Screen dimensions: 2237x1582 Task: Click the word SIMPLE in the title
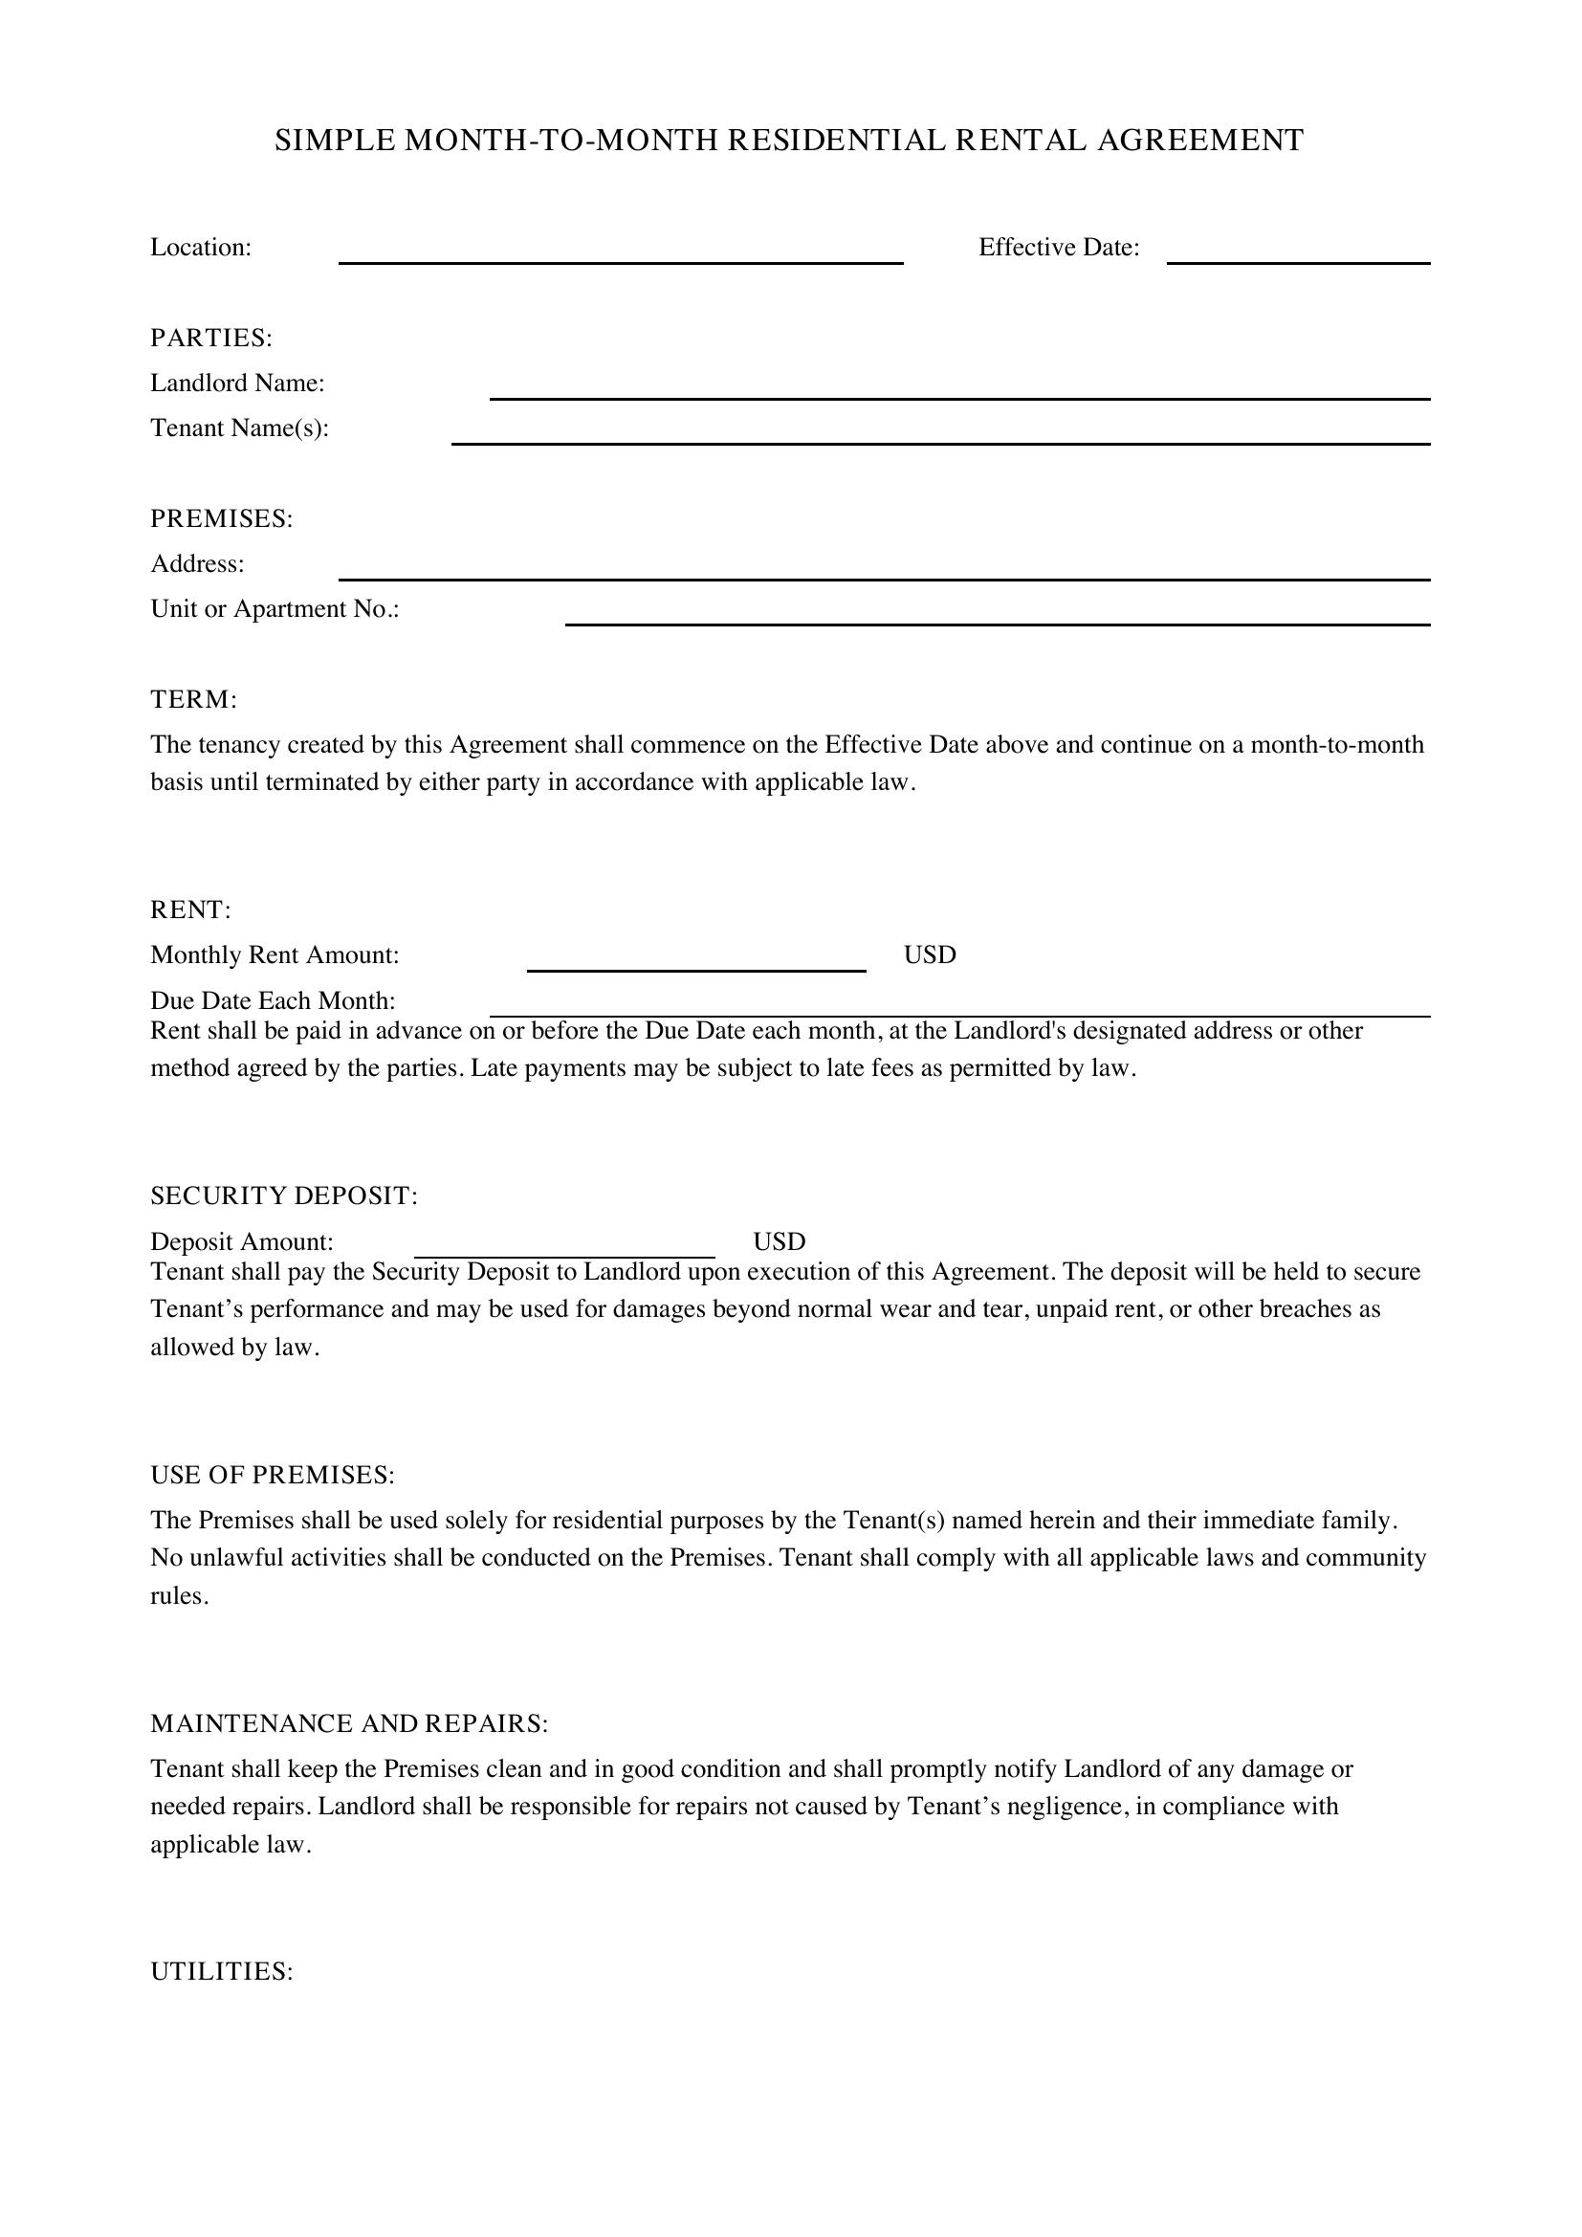click(x=335, y=142)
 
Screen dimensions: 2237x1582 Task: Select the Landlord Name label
click(x=236, y=383)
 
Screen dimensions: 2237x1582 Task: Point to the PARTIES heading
click(x=210, y=338)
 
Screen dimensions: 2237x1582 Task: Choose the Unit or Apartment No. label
click(x=275, y=609)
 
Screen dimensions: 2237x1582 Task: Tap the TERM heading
click(x=193, y=699)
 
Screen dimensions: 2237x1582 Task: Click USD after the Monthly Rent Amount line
click(x=930, y=954)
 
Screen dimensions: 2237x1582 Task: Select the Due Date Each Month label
click(x=273, y=1000)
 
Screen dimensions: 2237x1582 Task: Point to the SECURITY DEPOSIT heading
click(x=283, y=1195)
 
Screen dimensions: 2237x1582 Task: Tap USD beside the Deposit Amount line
click(x=779, y=1241)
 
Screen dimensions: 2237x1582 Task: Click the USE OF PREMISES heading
click(x=272, y=1475)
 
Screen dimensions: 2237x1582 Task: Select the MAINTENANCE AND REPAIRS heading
click(x=349, y=1723)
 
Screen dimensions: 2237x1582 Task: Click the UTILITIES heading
click(x=221, y=1972)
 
